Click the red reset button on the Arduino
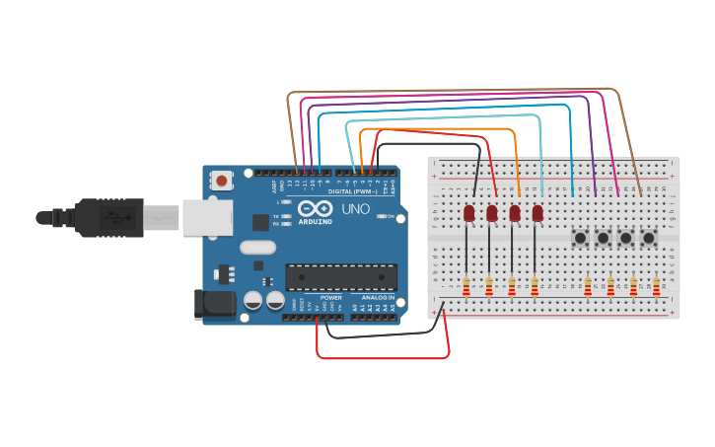point(222,181)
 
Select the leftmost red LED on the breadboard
point(468,212)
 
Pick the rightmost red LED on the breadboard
point(537,212)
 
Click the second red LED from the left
point(491,212)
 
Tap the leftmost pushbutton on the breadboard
point(580,238)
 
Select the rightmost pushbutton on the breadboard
point(648,238)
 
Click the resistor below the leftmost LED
point(465,286)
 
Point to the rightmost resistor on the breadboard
point(656,286)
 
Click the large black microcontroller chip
point(341,277)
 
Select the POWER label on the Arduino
point(331,297)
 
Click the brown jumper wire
point(454,90)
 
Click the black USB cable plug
point(99,217)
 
